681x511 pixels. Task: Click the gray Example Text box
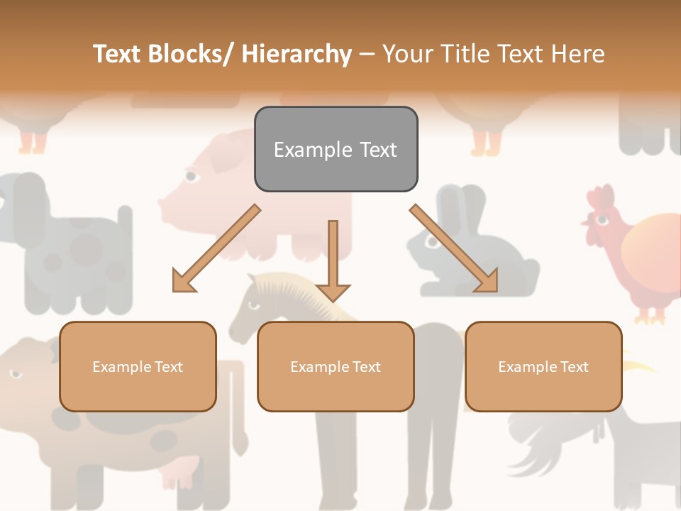[336, 149]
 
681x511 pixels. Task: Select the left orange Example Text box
[138, 366]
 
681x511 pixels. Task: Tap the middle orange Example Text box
[336, 366]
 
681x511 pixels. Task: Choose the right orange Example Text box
[543, 366]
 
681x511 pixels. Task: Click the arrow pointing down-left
[214, 250]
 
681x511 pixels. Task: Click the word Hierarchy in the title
[297, 54]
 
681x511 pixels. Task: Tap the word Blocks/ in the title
[189, 54]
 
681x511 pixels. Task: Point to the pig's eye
[191, 175]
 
